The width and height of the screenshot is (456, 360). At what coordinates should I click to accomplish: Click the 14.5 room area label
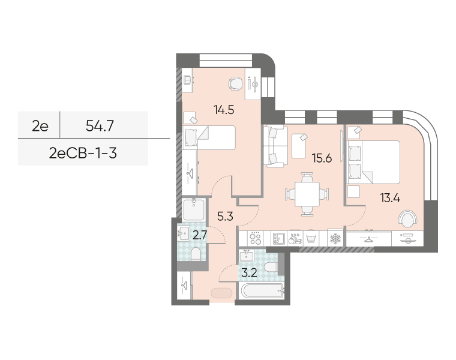coord(224,110)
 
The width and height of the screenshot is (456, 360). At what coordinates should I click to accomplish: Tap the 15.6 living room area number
coord(322,158)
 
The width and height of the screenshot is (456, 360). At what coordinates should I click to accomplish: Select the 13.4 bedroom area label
coord(390,198)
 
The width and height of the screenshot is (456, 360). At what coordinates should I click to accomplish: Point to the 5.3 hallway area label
coord(225,217)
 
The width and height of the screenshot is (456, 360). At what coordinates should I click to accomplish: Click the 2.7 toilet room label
coord(200,235)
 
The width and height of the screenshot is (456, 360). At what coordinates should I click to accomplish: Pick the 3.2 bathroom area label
coord(249,273)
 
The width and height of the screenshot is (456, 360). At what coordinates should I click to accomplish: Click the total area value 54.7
coord(100,126)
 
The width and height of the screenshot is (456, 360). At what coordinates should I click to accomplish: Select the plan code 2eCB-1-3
coord(83,153)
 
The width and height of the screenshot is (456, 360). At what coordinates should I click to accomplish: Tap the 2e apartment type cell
coord(40,126)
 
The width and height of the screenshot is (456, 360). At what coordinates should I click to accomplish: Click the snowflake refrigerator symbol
coord(335,239)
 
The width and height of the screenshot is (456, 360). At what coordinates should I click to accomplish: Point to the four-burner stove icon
coord(255,238)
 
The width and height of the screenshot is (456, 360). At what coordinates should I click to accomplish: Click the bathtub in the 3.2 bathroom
coord(262,290)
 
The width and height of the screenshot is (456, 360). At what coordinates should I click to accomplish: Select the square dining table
coord(307,194)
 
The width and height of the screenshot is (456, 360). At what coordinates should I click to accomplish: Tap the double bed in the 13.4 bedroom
coord(373,162)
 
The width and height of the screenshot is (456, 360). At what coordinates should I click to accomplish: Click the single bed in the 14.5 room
coord(209,137)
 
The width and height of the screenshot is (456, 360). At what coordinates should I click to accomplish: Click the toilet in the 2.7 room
coord(196,254)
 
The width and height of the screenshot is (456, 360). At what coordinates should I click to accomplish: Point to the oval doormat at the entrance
coord(221,293)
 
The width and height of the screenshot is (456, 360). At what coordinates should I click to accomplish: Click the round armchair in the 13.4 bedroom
coord(408,218)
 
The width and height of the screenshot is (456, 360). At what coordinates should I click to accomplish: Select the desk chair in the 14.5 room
coord(235,83)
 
